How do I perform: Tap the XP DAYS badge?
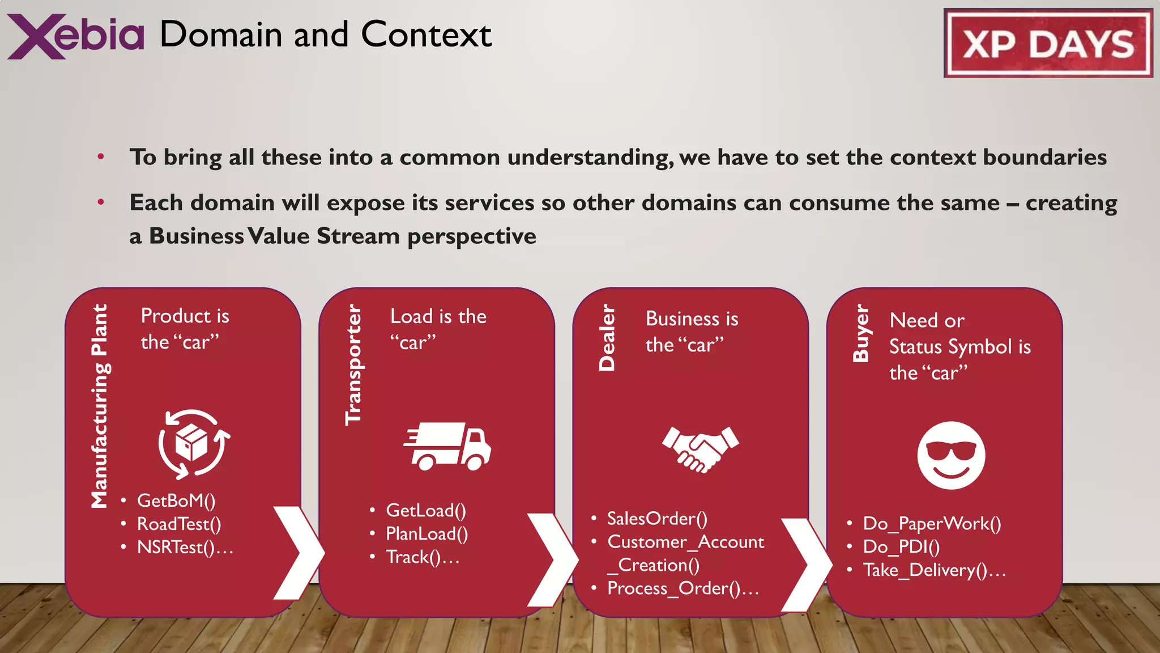tap(1048, 43)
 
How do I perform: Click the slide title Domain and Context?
tap(325, 35)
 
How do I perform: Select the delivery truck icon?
tap(447, 446)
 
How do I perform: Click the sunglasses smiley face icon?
tap(951, 455)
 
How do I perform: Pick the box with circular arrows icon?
tap(193, 444)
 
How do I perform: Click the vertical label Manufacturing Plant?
tap(100, 406)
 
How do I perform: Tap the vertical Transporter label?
tap(353, 364)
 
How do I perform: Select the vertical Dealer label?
tap(607, 338)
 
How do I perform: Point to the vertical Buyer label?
tap(860, 333)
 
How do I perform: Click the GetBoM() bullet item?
tap(176, 501)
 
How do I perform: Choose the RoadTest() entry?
tap(179, 524)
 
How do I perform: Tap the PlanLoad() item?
tap(427, 533)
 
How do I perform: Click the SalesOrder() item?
tap(657, 518)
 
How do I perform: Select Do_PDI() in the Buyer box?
tap(901, 546)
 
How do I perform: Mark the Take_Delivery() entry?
tap(934, 570)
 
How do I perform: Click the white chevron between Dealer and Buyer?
tap(807, 565)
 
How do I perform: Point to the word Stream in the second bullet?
tap(358, 236)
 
